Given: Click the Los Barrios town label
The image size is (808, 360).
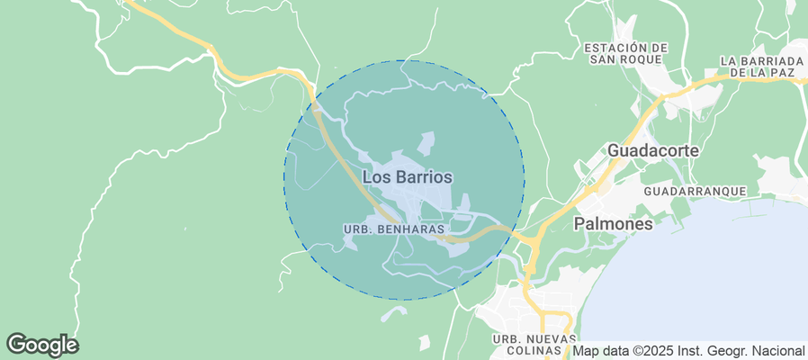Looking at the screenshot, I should coord(407,177).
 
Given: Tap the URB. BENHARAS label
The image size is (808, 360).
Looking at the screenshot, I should coord(394,229).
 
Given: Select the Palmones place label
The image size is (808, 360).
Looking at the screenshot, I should coord(613,223).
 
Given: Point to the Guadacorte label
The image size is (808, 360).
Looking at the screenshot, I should coord(653,150).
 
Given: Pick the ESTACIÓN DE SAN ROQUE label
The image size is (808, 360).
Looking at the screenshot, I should coord(626,53).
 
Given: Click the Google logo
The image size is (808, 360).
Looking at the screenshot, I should coord(42,344).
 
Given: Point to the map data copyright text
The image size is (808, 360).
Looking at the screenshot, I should coord(689,351).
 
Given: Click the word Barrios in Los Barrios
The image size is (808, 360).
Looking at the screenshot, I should coord(423,177).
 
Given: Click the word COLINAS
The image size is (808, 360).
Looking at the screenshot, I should coord(535,350).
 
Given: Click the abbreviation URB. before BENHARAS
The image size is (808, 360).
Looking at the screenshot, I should coord(357,229).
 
